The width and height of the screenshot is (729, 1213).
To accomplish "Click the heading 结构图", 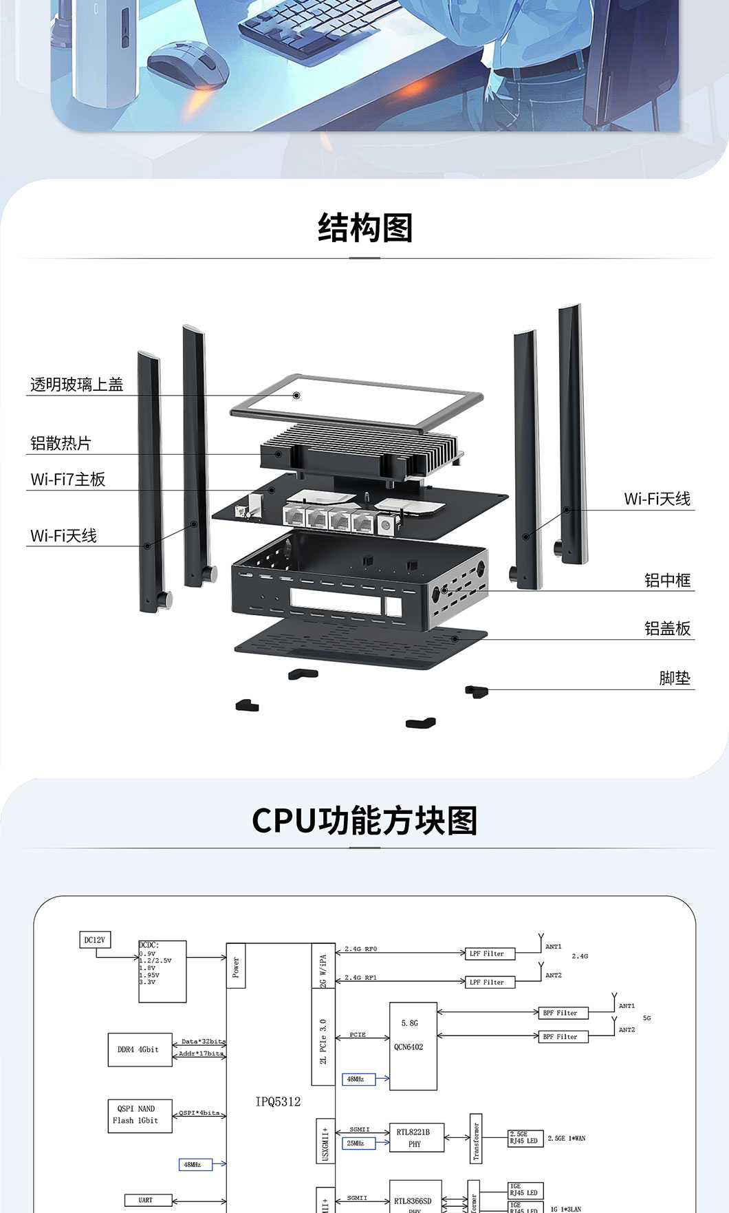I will [x=364, y=228].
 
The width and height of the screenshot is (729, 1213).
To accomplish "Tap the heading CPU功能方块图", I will [x=364, y=820].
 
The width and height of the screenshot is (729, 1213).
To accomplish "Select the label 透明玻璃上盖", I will [x=76, y=385].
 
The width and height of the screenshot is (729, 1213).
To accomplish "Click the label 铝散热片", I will [x=61, y=443].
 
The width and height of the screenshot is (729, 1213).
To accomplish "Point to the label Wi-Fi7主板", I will [x=67, y=480].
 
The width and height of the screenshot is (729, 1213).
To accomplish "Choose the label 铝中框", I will [x=667, y=580].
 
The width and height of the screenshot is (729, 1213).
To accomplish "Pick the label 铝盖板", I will [x=667, y=628].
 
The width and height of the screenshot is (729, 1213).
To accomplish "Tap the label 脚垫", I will [x=674, y=678].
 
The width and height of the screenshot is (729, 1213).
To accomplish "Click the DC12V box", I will [x=95, y=940].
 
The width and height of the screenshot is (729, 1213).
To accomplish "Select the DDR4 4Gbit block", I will [x=140, y=1049].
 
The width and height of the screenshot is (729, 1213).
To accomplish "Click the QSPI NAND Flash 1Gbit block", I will [x=140, y=1115].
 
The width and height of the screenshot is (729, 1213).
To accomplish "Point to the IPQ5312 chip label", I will [x=278, y=1102].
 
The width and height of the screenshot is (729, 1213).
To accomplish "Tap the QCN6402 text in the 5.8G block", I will [x=409, y=1047].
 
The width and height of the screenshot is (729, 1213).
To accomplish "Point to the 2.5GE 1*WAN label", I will [x=567, y=1139].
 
